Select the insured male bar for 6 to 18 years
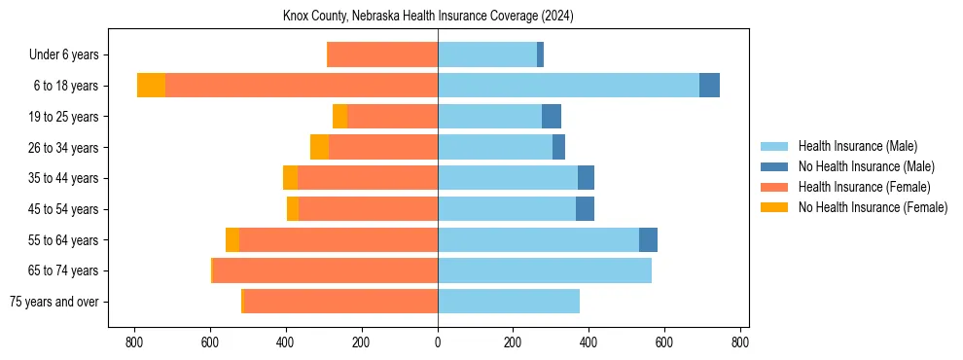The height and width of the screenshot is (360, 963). tap(568, 86)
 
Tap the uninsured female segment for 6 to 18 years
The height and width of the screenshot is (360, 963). tap(151, 86)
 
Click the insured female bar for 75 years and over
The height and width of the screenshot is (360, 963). tap(340, 302)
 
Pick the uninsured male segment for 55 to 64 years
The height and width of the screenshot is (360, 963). tap(648, 240)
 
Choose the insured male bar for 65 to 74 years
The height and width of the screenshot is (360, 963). tap(545, 270)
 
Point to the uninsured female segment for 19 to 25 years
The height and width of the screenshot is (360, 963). tap(339, 117)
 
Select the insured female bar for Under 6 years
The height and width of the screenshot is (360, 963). tap(382, 54)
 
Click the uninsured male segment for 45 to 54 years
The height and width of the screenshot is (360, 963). tap(585, 209)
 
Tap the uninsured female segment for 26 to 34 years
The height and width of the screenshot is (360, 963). tap(319, 147)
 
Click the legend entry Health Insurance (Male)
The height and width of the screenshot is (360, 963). tap(857, 146)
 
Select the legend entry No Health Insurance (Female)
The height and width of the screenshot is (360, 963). tap(873, 207)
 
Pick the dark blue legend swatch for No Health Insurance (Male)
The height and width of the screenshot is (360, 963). tap(774, 166)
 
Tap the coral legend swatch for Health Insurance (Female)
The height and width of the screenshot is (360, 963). tap(774, 187)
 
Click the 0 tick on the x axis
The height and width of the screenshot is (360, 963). tap(438, 342)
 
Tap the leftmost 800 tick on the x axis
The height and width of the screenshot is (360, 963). tap(134, 342)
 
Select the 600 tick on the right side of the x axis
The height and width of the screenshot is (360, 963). tap(664, 342)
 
